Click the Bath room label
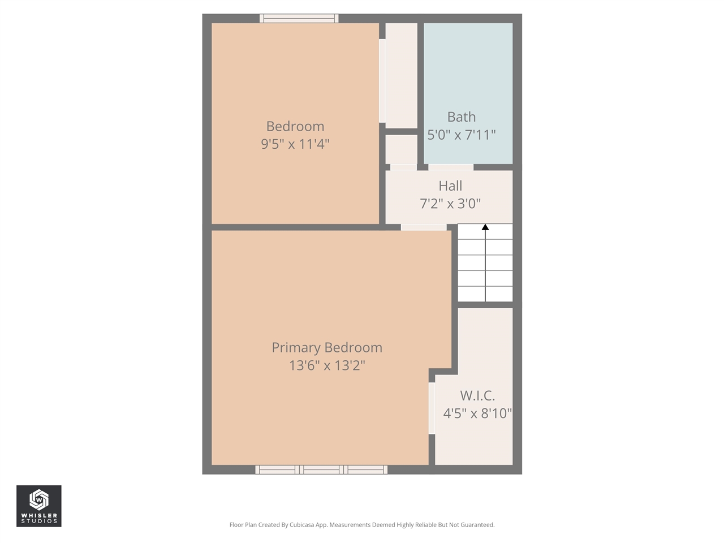[461, 117]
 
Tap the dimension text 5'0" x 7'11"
[461, 135]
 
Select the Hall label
[450, 186]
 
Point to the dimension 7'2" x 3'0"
[450, 204]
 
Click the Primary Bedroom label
[327, 348]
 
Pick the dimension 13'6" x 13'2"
[327, 365]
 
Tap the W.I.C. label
[477, 396]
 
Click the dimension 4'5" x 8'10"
[477, 413]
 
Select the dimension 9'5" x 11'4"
[295, 144]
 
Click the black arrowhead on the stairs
[485, 227]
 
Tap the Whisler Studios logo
[38, 506]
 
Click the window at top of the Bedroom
[299, 19]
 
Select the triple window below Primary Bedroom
[321, 469]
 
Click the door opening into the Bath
[450, 167]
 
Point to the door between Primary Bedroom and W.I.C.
[432, 408]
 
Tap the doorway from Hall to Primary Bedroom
[423, 227]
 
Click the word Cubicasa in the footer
[303, 525]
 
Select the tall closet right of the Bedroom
[401, 76]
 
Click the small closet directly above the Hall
[401, 149]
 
